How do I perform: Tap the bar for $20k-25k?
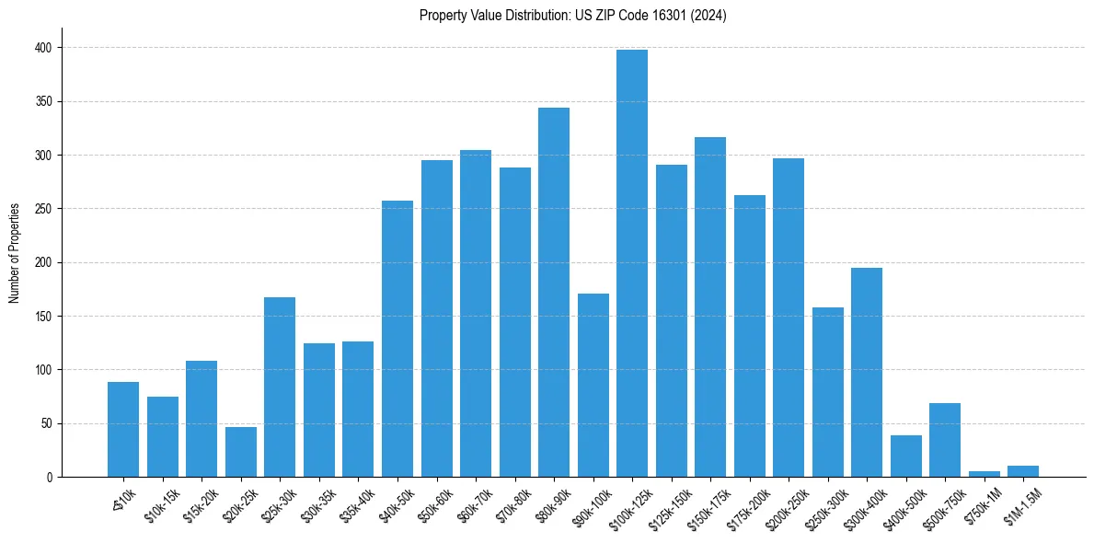click(x=241, y=452)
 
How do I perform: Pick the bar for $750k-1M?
click(x=985, y=474)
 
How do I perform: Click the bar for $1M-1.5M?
click(x=1023, y=471)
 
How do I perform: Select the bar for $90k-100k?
click(x=593, y=386)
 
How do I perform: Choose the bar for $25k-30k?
click(x=280, y=387)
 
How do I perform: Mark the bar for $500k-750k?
click(x=945, y=440)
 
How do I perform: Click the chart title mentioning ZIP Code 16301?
click(x=572, y=16)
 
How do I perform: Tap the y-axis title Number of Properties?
click(x=15, y=252)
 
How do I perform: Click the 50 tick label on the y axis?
click(x=46, y=424)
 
